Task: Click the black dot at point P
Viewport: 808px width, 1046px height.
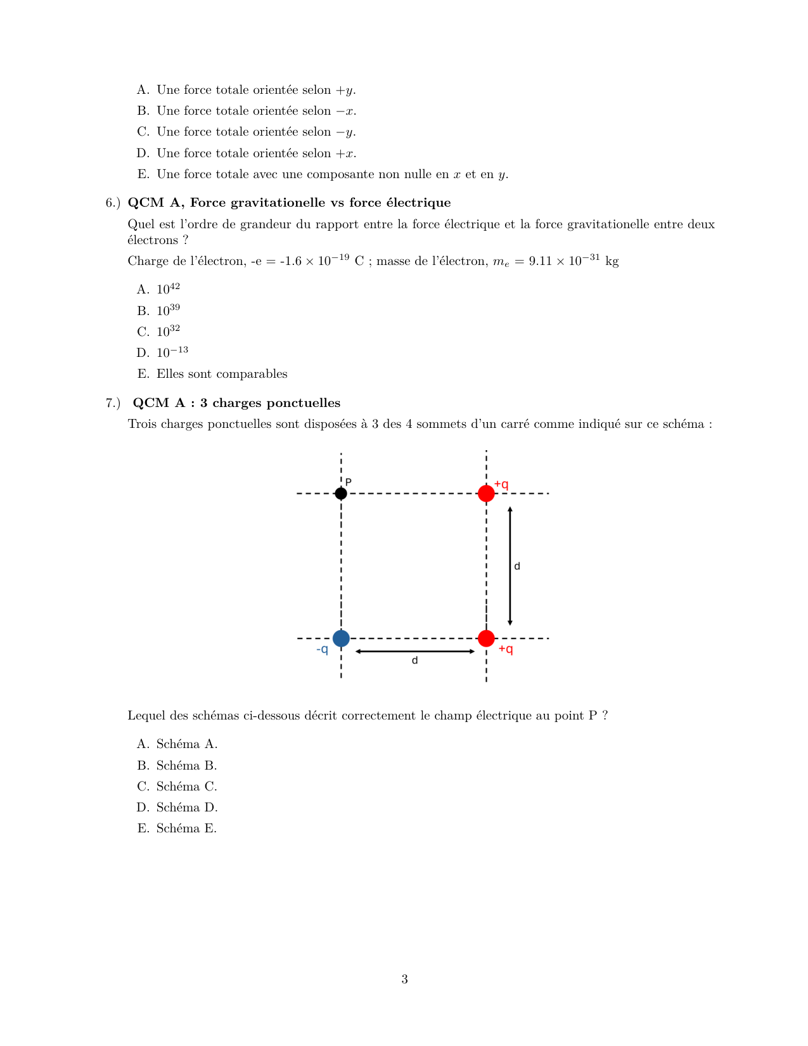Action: [x=341, y=493]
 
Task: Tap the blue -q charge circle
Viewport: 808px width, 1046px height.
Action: [x=341, y=638]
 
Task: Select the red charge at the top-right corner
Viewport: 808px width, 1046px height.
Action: [x=486, y=493]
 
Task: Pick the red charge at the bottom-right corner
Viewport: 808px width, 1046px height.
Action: [x=486, y=638]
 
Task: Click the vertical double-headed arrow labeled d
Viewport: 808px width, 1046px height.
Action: [x=510, y=566]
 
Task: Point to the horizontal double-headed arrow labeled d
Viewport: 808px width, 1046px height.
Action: [x=415, y=651]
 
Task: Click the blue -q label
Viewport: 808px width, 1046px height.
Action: [x=323, y=650]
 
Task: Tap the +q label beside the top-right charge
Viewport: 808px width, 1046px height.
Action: [x=501, y=484]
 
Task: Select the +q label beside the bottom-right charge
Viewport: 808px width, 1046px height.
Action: [x=506, y=649]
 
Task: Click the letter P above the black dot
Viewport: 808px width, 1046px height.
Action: [x=349, y=482]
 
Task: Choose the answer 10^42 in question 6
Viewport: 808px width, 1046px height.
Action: [x=168, y=289]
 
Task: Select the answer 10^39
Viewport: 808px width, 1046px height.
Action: [x=168, y=311]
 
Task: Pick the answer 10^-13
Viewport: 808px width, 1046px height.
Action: [x=172, y=352]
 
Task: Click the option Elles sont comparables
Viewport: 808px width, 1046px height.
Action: [x=222, y=374]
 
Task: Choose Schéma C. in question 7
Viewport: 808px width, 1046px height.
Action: [x=186, y=787]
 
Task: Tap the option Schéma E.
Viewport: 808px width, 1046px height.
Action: [x=186, y=829]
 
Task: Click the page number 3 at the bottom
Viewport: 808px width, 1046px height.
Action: [x=404, y=979]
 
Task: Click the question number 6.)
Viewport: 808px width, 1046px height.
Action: [x=113, y=203]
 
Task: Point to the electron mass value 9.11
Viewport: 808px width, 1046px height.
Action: [x=540, y=261]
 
